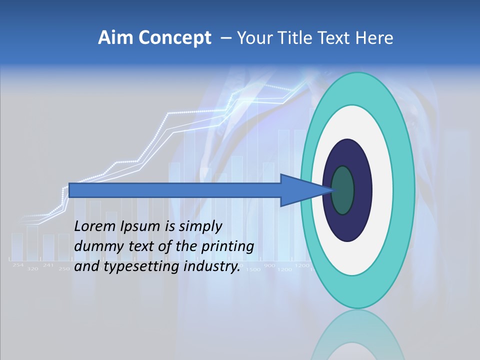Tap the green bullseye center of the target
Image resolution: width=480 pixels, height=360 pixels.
(x=343, y=190)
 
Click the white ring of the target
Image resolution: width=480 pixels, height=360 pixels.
(x=382, y=190)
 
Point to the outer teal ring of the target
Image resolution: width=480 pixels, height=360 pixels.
(x=404, y=190)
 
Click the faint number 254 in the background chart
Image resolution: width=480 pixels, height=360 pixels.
(x=18, y=265)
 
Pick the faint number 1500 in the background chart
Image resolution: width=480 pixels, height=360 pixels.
(x=253, y=269)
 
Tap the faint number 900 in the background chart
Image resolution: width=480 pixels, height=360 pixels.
(x=269, y=265)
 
